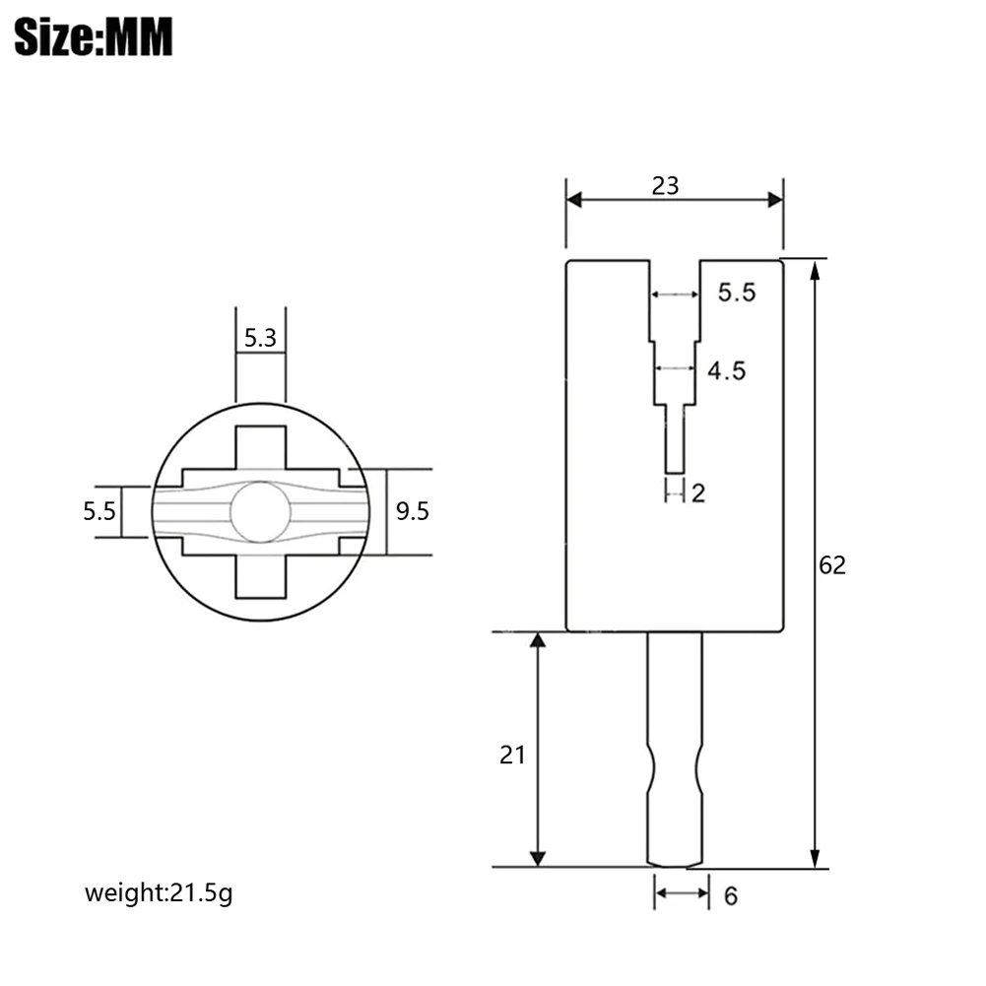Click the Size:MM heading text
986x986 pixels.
93,36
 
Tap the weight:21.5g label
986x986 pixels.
159,893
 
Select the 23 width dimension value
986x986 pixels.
665,186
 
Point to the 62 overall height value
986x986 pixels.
832,565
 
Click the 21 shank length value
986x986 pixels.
512,755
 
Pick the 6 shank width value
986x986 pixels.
731,896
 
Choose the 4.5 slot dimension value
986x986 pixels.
727,371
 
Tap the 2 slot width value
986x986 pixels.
698,493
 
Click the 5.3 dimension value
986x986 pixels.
260,338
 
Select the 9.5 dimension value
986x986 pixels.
413,511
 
